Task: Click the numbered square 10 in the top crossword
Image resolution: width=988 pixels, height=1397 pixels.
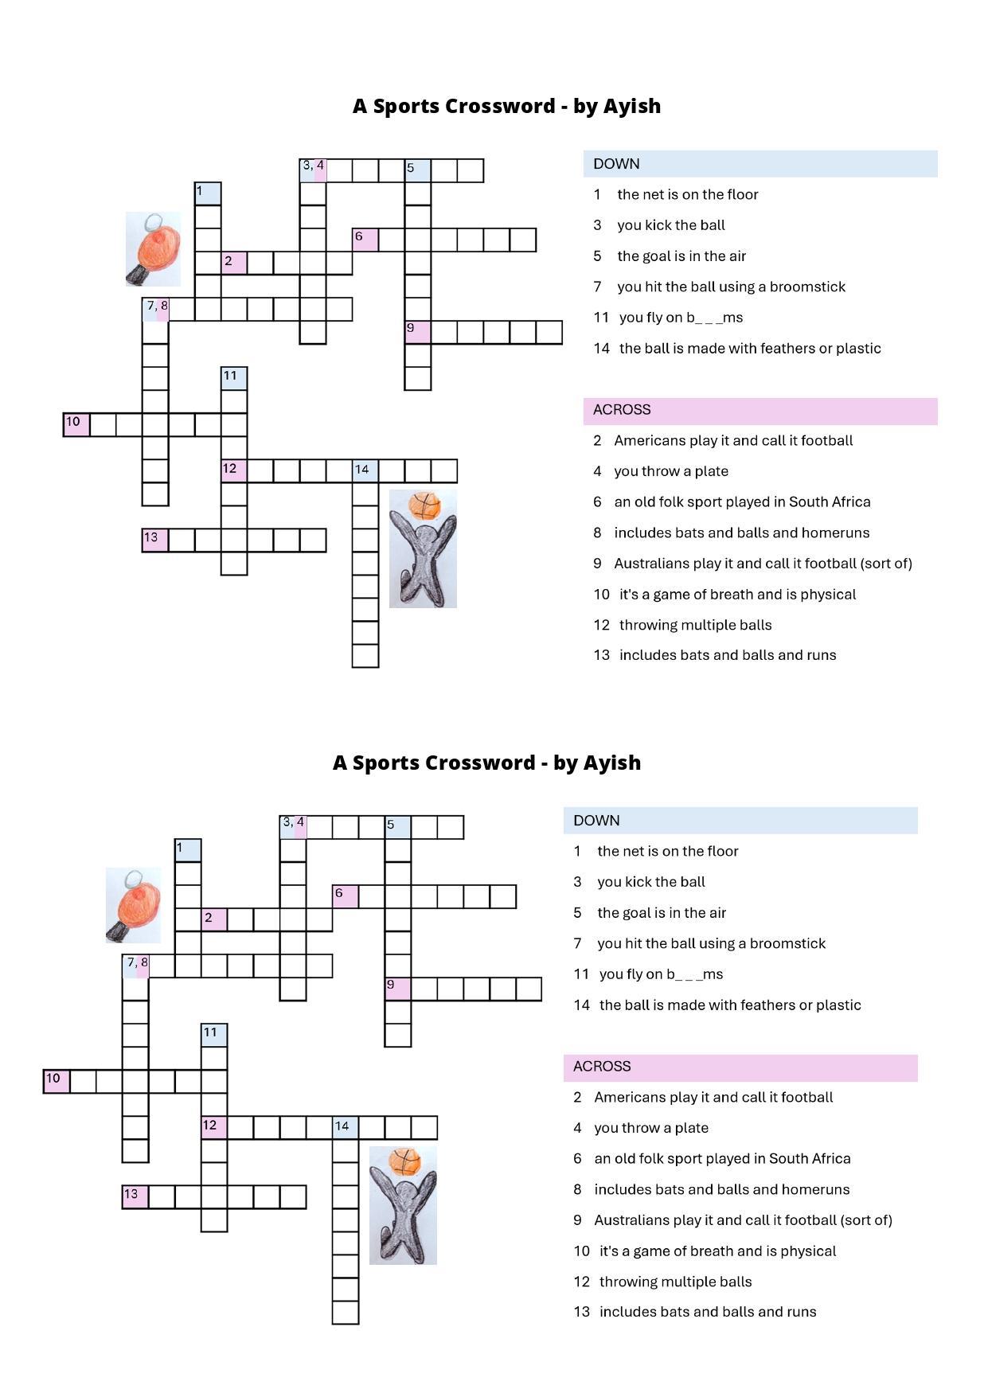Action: (76, 425)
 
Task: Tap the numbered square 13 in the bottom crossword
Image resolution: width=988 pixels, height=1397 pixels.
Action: (135, 1197)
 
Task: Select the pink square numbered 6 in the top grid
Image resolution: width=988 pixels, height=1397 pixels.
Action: (365, 240)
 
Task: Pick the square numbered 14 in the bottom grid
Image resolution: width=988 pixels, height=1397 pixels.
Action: (346, 1128)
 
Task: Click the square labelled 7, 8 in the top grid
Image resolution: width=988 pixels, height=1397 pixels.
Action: (156, 310)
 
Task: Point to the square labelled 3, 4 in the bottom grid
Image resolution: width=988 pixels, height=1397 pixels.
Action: (293, 827)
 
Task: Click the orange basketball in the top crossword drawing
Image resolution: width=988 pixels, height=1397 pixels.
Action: (424, 505)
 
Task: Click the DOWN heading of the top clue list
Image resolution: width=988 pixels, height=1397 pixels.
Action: (616, 164)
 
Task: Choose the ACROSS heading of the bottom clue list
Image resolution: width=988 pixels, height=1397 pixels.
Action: (602, 1067)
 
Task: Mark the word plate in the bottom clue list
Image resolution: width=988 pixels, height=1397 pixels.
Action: (691, 1128)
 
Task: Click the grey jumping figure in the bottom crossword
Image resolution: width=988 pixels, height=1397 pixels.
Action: (403, 1218)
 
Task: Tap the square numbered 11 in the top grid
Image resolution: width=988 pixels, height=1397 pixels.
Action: (233, 378)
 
